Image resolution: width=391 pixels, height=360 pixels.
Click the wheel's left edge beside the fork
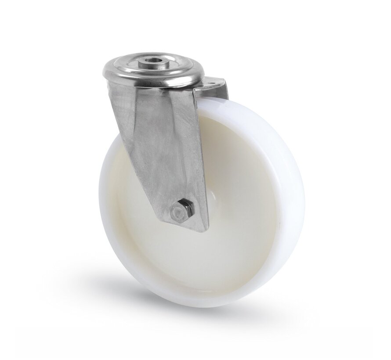108,184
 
